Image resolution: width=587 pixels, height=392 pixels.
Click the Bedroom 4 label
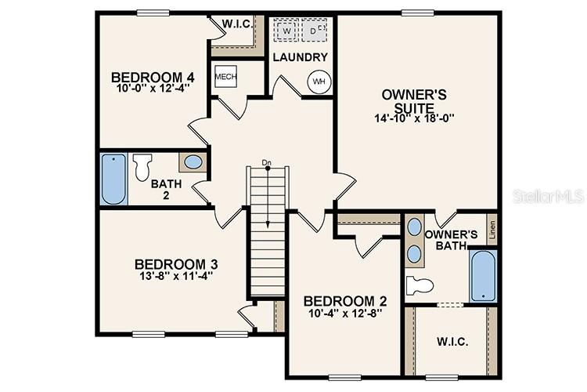pos(153,77)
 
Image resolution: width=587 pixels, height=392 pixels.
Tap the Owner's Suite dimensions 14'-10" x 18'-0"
pos(414,118)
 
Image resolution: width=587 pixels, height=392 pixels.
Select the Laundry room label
pos(300,57)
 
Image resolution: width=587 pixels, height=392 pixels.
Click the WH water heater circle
pos(319,82)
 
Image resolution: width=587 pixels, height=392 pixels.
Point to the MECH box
pos(225,77)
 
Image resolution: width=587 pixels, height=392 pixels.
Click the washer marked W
pos(286,31)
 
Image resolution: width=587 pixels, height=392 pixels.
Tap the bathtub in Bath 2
pos(113,179)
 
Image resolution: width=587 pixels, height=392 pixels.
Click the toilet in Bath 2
pos(142,167)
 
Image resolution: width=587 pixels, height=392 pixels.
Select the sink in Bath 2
pos(193,163)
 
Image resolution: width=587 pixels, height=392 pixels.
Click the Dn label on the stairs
pos(266,163)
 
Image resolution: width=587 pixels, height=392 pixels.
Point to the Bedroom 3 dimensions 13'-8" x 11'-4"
pos(175,276)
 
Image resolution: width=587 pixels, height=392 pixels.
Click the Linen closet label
pos(492,230)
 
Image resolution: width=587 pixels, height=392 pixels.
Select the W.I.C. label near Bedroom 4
pos(237,24)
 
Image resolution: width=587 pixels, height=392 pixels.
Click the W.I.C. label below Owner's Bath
pos(452,343)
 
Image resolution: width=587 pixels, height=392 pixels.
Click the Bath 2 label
pos(166,189)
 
